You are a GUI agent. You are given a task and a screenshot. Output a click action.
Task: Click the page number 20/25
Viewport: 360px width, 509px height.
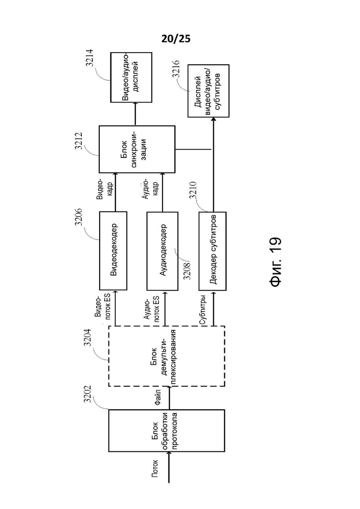click(x=176, y=39)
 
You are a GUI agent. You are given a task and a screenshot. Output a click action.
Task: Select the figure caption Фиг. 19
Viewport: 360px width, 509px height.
click(x=276, y=262)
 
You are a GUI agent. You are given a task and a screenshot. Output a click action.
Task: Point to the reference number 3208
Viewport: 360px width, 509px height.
click(x=187, y=271)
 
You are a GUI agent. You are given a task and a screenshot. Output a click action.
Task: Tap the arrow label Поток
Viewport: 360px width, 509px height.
click(x=155, y=468)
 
